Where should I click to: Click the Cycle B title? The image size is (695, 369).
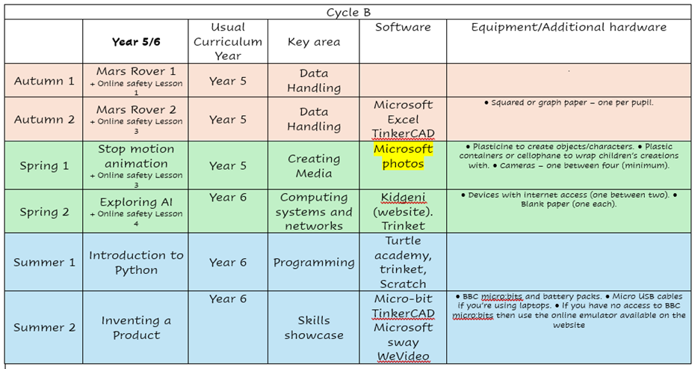349,12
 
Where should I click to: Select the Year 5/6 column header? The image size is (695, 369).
135,42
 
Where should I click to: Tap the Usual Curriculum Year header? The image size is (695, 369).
227,41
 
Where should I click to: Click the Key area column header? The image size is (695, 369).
313,42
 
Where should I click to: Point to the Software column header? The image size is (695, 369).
403,28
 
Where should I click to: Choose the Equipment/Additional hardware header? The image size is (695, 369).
568,28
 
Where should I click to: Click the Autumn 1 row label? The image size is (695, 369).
44,81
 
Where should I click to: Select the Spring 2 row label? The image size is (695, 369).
44,212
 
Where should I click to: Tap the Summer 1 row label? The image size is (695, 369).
44,262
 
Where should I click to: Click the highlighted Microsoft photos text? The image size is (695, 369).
403,156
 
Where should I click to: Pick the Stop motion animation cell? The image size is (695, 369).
135,156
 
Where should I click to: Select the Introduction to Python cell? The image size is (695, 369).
135,262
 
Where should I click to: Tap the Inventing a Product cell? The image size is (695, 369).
135,327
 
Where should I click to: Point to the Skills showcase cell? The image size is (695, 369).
313,327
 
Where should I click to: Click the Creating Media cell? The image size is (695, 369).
313,165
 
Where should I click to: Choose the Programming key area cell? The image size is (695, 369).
313,263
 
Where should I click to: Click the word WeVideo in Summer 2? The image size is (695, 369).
403,356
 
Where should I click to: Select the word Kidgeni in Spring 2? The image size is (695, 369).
403,197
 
